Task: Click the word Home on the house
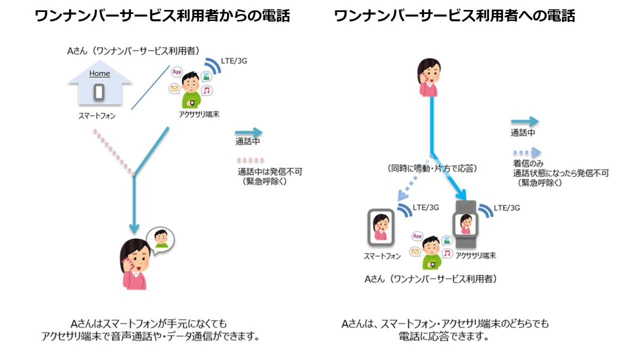[99, 73]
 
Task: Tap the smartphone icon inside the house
[99, 91]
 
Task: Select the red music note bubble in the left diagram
[206, 90]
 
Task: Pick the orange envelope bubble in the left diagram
[174, 89]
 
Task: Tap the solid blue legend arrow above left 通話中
[248, 132]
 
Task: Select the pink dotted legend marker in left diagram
[250, 161]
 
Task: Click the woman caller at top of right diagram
[429, 77]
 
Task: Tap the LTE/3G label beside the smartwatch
[506, 207]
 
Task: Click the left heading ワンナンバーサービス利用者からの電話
[162, 16]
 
